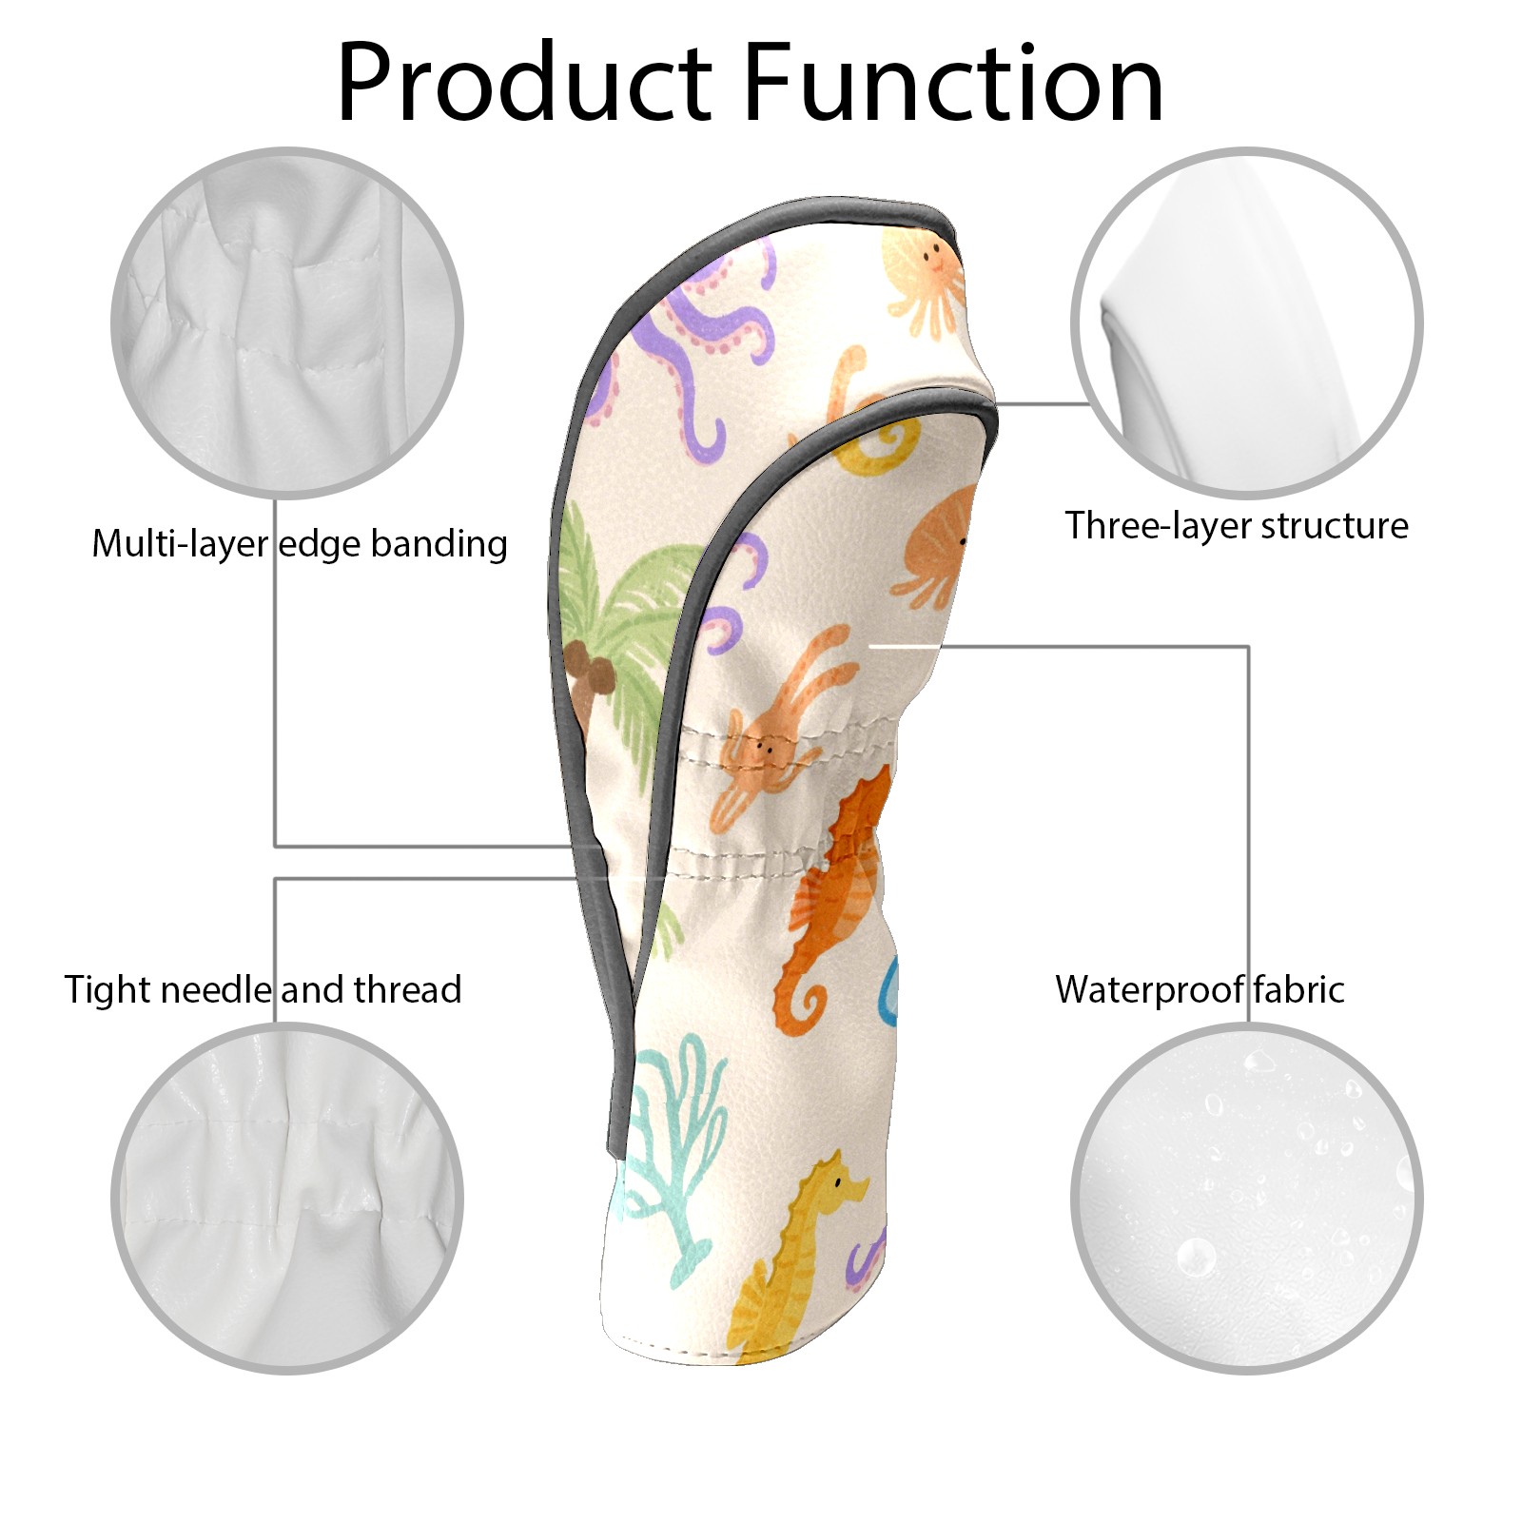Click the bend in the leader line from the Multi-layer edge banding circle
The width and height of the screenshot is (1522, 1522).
point(276,846)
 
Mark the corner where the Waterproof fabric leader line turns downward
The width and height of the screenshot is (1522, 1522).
point(1248,647)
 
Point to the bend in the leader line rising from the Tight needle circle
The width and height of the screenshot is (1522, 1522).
point(276,879)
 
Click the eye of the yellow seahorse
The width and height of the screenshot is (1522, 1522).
point(837,1182)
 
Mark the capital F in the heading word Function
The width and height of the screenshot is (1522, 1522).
point(767,83)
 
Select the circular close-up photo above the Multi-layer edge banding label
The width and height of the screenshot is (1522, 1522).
point(287,322)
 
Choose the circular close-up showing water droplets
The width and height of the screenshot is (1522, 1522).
point(1246,1198)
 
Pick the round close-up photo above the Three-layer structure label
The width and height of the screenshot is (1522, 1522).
point(1246,322)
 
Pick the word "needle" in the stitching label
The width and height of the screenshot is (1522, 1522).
point(217,989)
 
